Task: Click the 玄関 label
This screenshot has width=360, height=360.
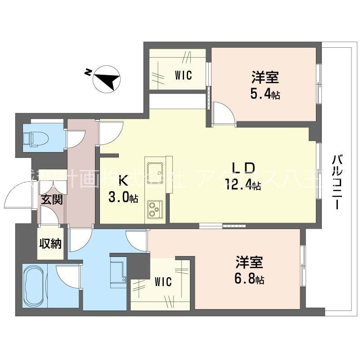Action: coord(49,199)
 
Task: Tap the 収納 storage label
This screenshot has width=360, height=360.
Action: coord(50,243)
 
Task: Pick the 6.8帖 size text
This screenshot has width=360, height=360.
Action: coord(250,280)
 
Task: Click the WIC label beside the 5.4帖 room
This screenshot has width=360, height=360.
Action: coord(183,76)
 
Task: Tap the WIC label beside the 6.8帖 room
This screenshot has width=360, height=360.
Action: coord(163,282)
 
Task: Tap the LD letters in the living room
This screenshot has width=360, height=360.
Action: coord(243,168)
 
